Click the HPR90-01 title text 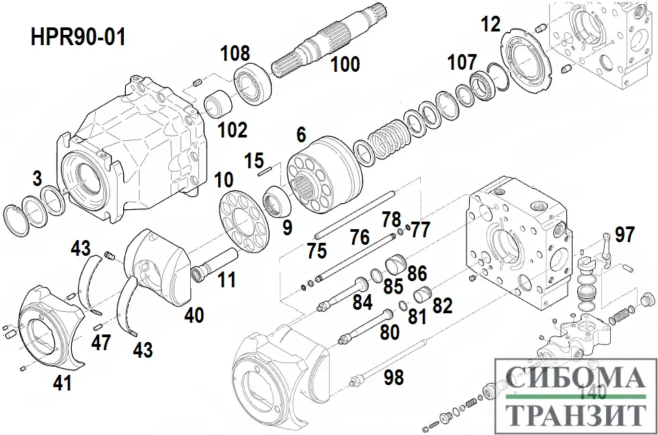(x=78, y=37)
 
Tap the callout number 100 (x=345, y=65)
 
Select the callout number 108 (x=235, y=53)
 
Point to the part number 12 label (x=490, y=24)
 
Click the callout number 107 (x=462, y=62)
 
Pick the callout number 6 (x=301, y=135)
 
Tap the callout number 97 (x=624, y=235)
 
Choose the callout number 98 (x=393, y=376)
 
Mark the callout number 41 (x=62, y=384)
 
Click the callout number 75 (x=317, y=251)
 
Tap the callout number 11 (x=227, y=279)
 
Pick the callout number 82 (x=443, y=306)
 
